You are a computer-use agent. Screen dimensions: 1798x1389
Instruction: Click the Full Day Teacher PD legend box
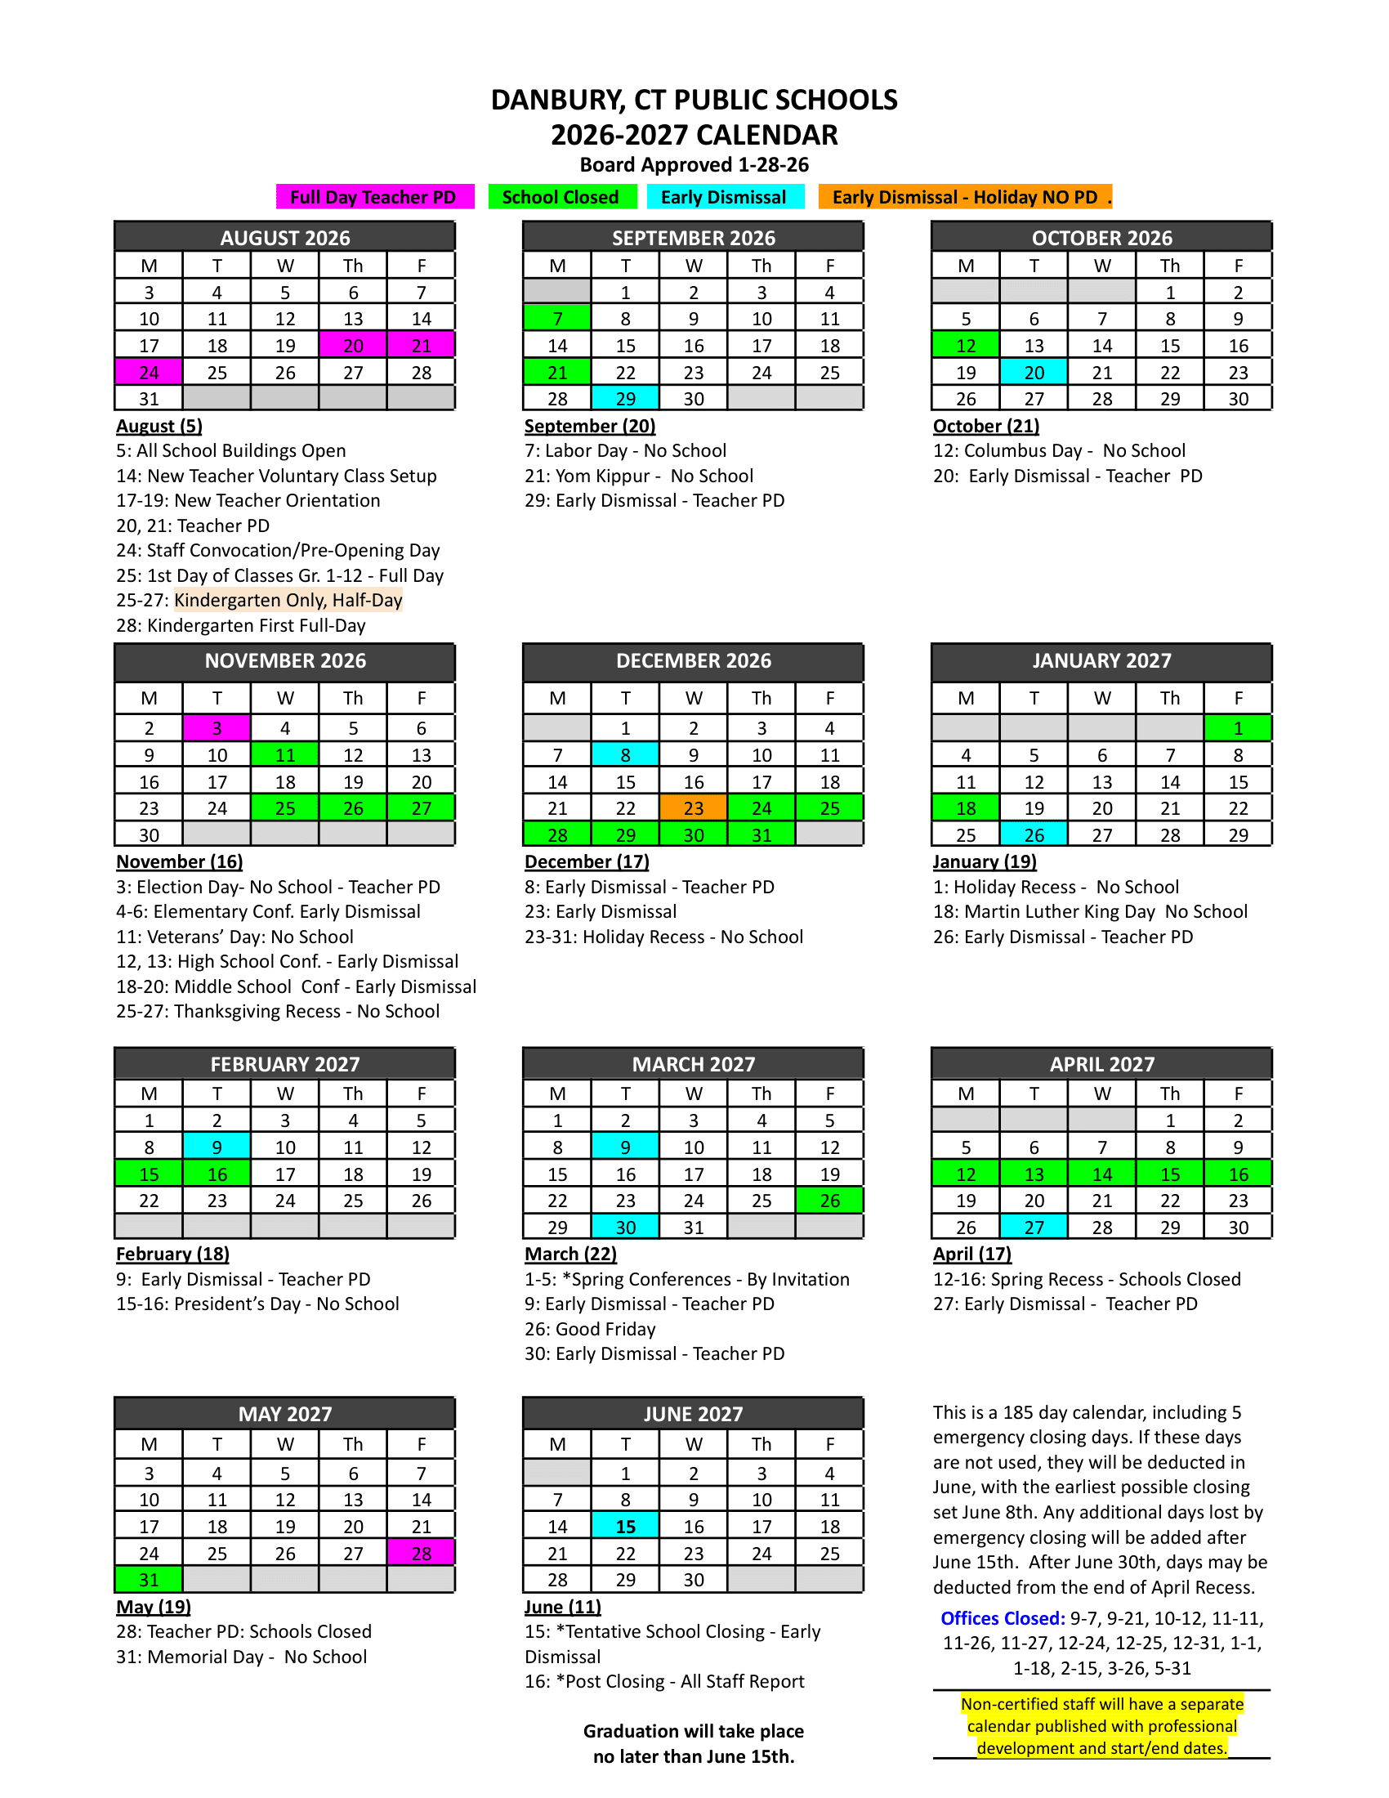coord(374,197)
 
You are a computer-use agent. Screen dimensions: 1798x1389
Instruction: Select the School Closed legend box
coord(561,197)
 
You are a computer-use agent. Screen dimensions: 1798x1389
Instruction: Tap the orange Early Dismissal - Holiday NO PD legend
coord(964,197)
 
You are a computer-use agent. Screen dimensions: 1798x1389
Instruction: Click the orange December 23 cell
coord(693,808)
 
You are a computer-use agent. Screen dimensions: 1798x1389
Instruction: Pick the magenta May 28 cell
coord(422,1553)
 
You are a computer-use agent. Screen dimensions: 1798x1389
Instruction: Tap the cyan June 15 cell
coord(625,1527)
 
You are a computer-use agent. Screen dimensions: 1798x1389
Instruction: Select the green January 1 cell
coord(1238,727)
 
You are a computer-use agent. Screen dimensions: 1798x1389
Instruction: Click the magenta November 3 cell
coord(217,727)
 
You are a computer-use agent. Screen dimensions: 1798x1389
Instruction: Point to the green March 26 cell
coord(829,1201)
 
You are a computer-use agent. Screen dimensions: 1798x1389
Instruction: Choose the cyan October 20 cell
coord(1034,372)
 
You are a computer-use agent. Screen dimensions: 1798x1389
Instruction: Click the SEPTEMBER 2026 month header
coord(693,237)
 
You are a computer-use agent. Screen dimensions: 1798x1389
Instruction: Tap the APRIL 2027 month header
coord(1101,1063)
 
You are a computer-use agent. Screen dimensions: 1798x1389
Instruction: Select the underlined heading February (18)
coord(172,1254)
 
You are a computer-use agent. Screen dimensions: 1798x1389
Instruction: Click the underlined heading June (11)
coord(563,1606)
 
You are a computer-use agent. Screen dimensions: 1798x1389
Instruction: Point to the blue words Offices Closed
coord(1003,1617)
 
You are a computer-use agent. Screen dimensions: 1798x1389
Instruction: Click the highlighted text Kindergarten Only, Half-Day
coord(288,600)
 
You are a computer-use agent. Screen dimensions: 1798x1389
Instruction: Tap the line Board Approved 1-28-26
coord(694,164)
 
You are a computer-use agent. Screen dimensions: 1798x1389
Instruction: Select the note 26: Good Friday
coord(590,1329)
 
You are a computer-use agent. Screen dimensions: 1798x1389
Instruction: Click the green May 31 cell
coord(149,1579)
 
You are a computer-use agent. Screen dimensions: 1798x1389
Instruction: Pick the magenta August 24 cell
coord(149,372)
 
